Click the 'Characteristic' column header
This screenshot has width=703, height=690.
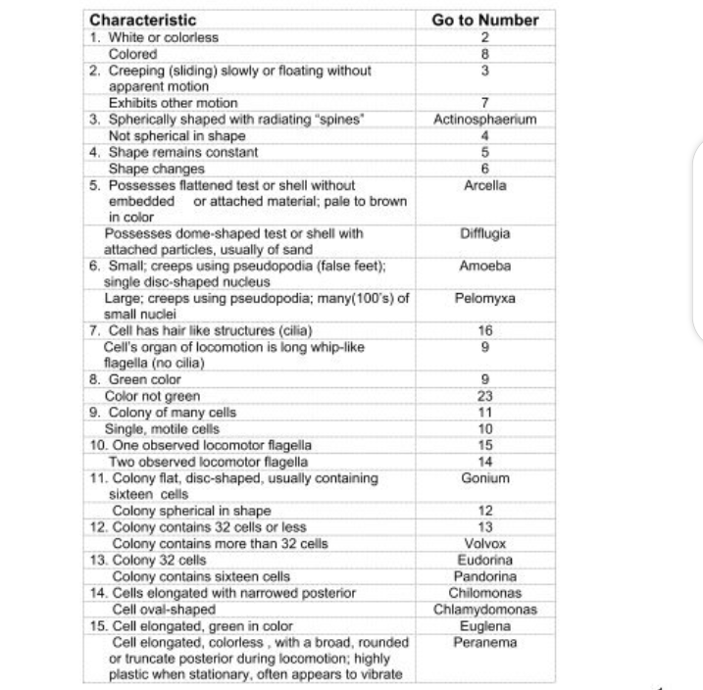coord(143,20)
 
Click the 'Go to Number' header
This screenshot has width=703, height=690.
coord(484,20)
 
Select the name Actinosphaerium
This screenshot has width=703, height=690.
coord(484,120)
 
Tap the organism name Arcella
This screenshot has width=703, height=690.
coord(484,185)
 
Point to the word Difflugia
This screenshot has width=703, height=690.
coord(484,234)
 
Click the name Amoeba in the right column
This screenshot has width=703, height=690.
coord(484,266)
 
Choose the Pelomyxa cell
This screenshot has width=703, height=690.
coord(484,298)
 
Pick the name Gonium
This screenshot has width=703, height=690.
coord(484,478)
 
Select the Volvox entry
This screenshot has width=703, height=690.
coord(484,543)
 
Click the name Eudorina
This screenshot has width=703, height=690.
coord(484,560)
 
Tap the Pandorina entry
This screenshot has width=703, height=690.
coord(484,576)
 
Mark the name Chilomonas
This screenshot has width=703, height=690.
coord(484,593)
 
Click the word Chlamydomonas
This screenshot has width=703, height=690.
coord(484,610)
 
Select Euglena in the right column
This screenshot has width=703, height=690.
coord(484,625)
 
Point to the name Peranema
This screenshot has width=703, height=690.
coord(484,642)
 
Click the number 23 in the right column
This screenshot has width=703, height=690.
coord(484,396)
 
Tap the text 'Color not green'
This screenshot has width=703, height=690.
coord(152,396)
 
